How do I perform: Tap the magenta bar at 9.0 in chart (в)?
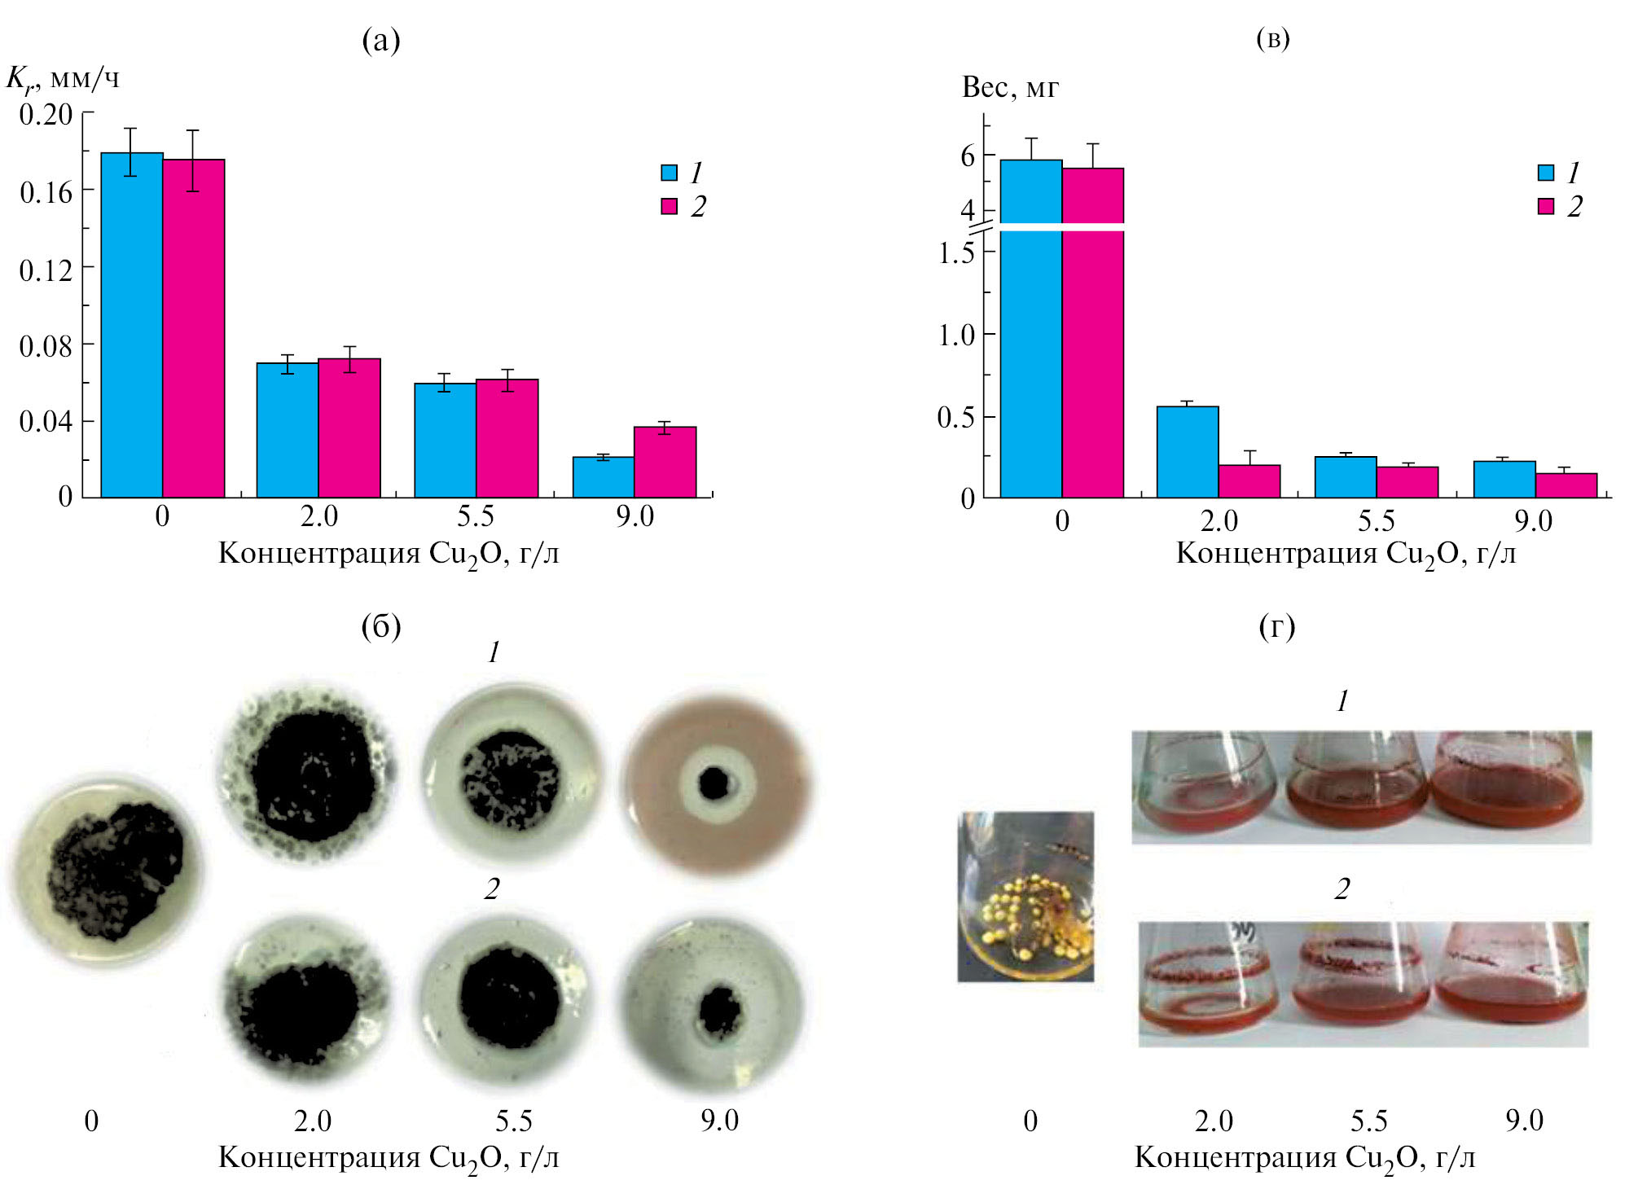(1566, 485)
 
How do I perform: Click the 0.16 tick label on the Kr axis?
(46, 193)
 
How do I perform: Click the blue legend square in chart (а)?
(669, 173)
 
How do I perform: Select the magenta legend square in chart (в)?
(1545, 206)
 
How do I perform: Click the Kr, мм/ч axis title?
(63, 80)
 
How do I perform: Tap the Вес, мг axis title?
(1009, 87)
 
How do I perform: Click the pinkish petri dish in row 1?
(717, 783)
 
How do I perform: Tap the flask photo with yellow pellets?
(1025, 896)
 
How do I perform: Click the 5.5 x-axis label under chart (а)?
(475, 516)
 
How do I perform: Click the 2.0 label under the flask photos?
(1213, 1121)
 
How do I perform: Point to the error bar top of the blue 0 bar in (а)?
(130, 129)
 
